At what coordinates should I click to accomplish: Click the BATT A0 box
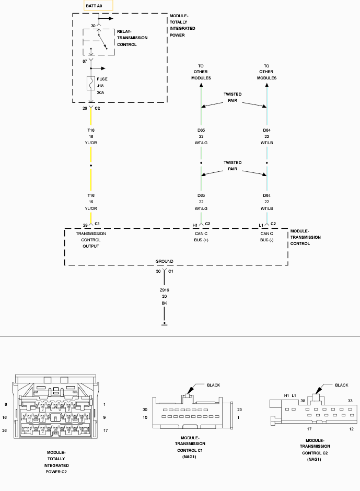[x=98, y=6]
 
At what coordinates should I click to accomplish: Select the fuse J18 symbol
[x=91, y=83]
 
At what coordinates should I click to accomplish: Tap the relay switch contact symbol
[x=103, y=40]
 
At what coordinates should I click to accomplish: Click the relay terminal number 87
[x=85, y=62]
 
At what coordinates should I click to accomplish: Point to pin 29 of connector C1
[x=85, y=225]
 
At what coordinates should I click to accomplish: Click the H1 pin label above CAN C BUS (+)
[x=195, y=225]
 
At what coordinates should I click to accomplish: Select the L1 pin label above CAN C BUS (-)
[x=261, y=225]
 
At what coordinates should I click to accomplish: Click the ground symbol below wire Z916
[x=164, y=323]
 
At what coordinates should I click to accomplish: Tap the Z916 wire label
[x=164, y=290]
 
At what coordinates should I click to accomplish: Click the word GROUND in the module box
[x=164, y=261]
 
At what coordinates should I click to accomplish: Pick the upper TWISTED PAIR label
[x=233, y=97]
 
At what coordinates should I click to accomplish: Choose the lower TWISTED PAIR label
[x=233, y=166]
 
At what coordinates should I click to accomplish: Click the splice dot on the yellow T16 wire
[x=91, y=166]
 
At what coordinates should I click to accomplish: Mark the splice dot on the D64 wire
[x=266, y=163]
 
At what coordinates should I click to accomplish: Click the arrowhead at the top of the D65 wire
[x=201, y=85]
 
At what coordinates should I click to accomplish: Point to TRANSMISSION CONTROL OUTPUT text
[x=91, y=240]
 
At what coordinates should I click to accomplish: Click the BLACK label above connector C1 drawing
[x=213, y=385]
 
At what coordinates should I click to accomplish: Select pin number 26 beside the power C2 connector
[x=4, y=430]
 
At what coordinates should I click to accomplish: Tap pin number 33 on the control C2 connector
[x=350, y=401]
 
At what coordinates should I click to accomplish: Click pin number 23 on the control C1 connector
[x=239, y=410]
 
